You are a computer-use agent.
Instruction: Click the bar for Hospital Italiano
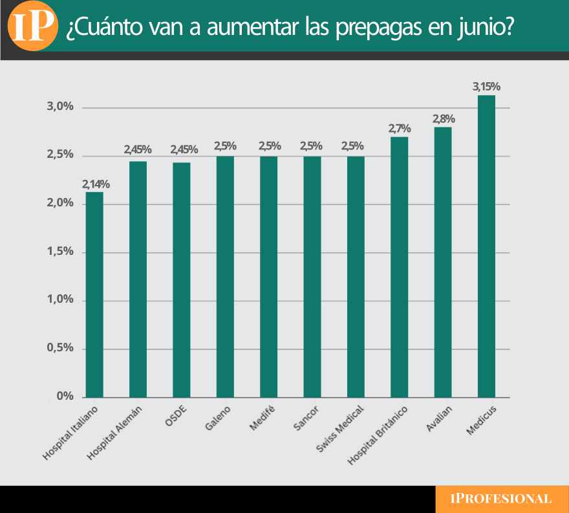[94, 294]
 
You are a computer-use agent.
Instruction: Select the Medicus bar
[486, 246]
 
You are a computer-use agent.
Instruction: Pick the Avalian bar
[443, 262]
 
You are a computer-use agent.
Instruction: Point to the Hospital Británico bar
[400, 267]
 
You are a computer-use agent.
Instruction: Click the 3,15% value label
[487, 87]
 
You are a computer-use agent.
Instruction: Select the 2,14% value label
[94, 184]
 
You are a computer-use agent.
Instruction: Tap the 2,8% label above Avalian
[444, 119]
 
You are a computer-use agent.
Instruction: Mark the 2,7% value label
[400, 129]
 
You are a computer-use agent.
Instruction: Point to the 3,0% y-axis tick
[60, 107]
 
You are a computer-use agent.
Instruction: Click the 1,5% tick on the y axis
[60, 252]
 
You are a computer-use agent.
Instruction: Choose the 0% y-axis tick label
[65, 397]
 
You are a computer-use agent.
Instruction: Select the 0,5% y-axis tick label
[60, 348]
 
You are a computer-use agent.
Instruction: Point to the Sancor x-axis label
[303, 419]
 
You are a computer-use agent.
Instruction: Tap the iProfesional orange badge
[502, 499]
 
